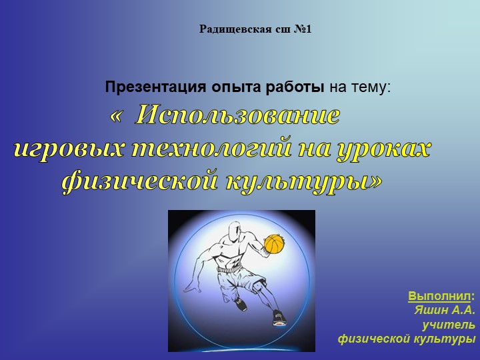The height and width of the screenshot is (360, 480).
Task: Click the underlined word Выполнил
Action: click(x=440, y=295)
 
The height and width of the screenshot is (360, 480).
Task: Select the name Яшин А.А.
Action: click(x=444, y=309)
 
